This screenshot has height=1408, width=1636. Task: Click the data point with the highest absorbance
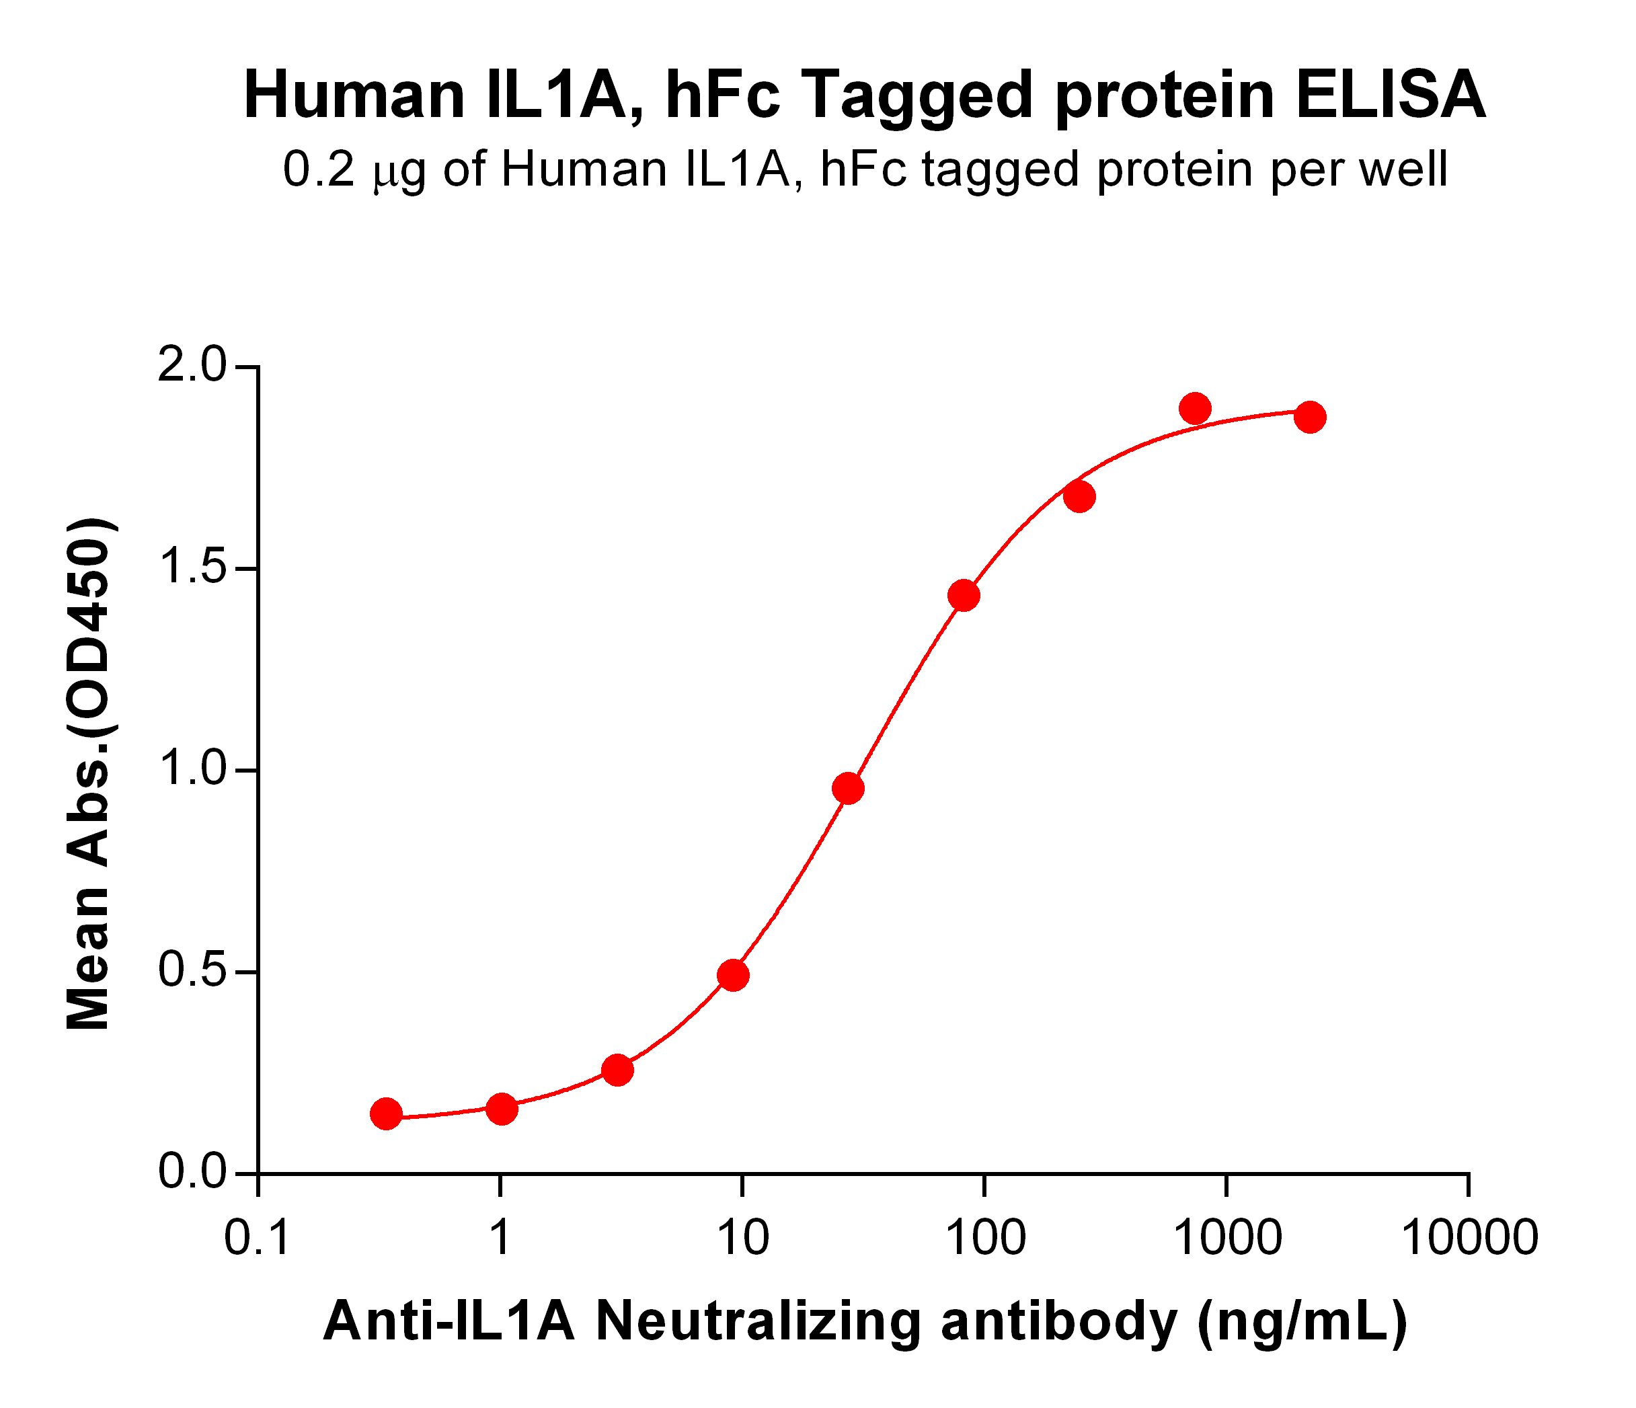point(1195,408)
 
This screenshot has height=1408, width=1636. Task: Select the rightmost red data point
point(1310,417)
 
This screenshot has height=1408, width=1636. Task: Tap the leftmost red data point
point(385,1113)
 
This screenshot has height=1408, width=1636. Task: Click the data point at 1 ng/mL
point(502,1109)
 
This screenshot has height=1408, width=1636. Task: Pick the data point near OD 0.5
point(733,975)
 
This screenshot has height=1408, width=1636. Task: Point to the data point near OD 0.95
point(848,788)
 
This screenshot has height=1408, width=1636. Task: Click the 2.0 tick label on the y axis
point(193,367)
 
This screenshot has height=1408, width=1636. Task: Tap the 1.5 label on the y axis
point(193,569)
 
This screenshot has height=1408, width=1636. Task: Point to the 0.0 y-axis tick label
point(193,1173)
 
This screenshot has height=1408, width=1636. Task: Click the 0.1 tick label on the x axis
point(258,1237)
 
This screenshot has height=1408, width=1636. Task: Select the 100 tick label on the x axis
point(984,1237)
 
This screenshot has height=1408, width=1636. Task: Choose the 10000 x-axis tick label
point(1469,1237)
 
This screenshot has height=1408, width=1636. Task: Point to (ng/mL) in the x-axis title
point(1302,1323)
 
